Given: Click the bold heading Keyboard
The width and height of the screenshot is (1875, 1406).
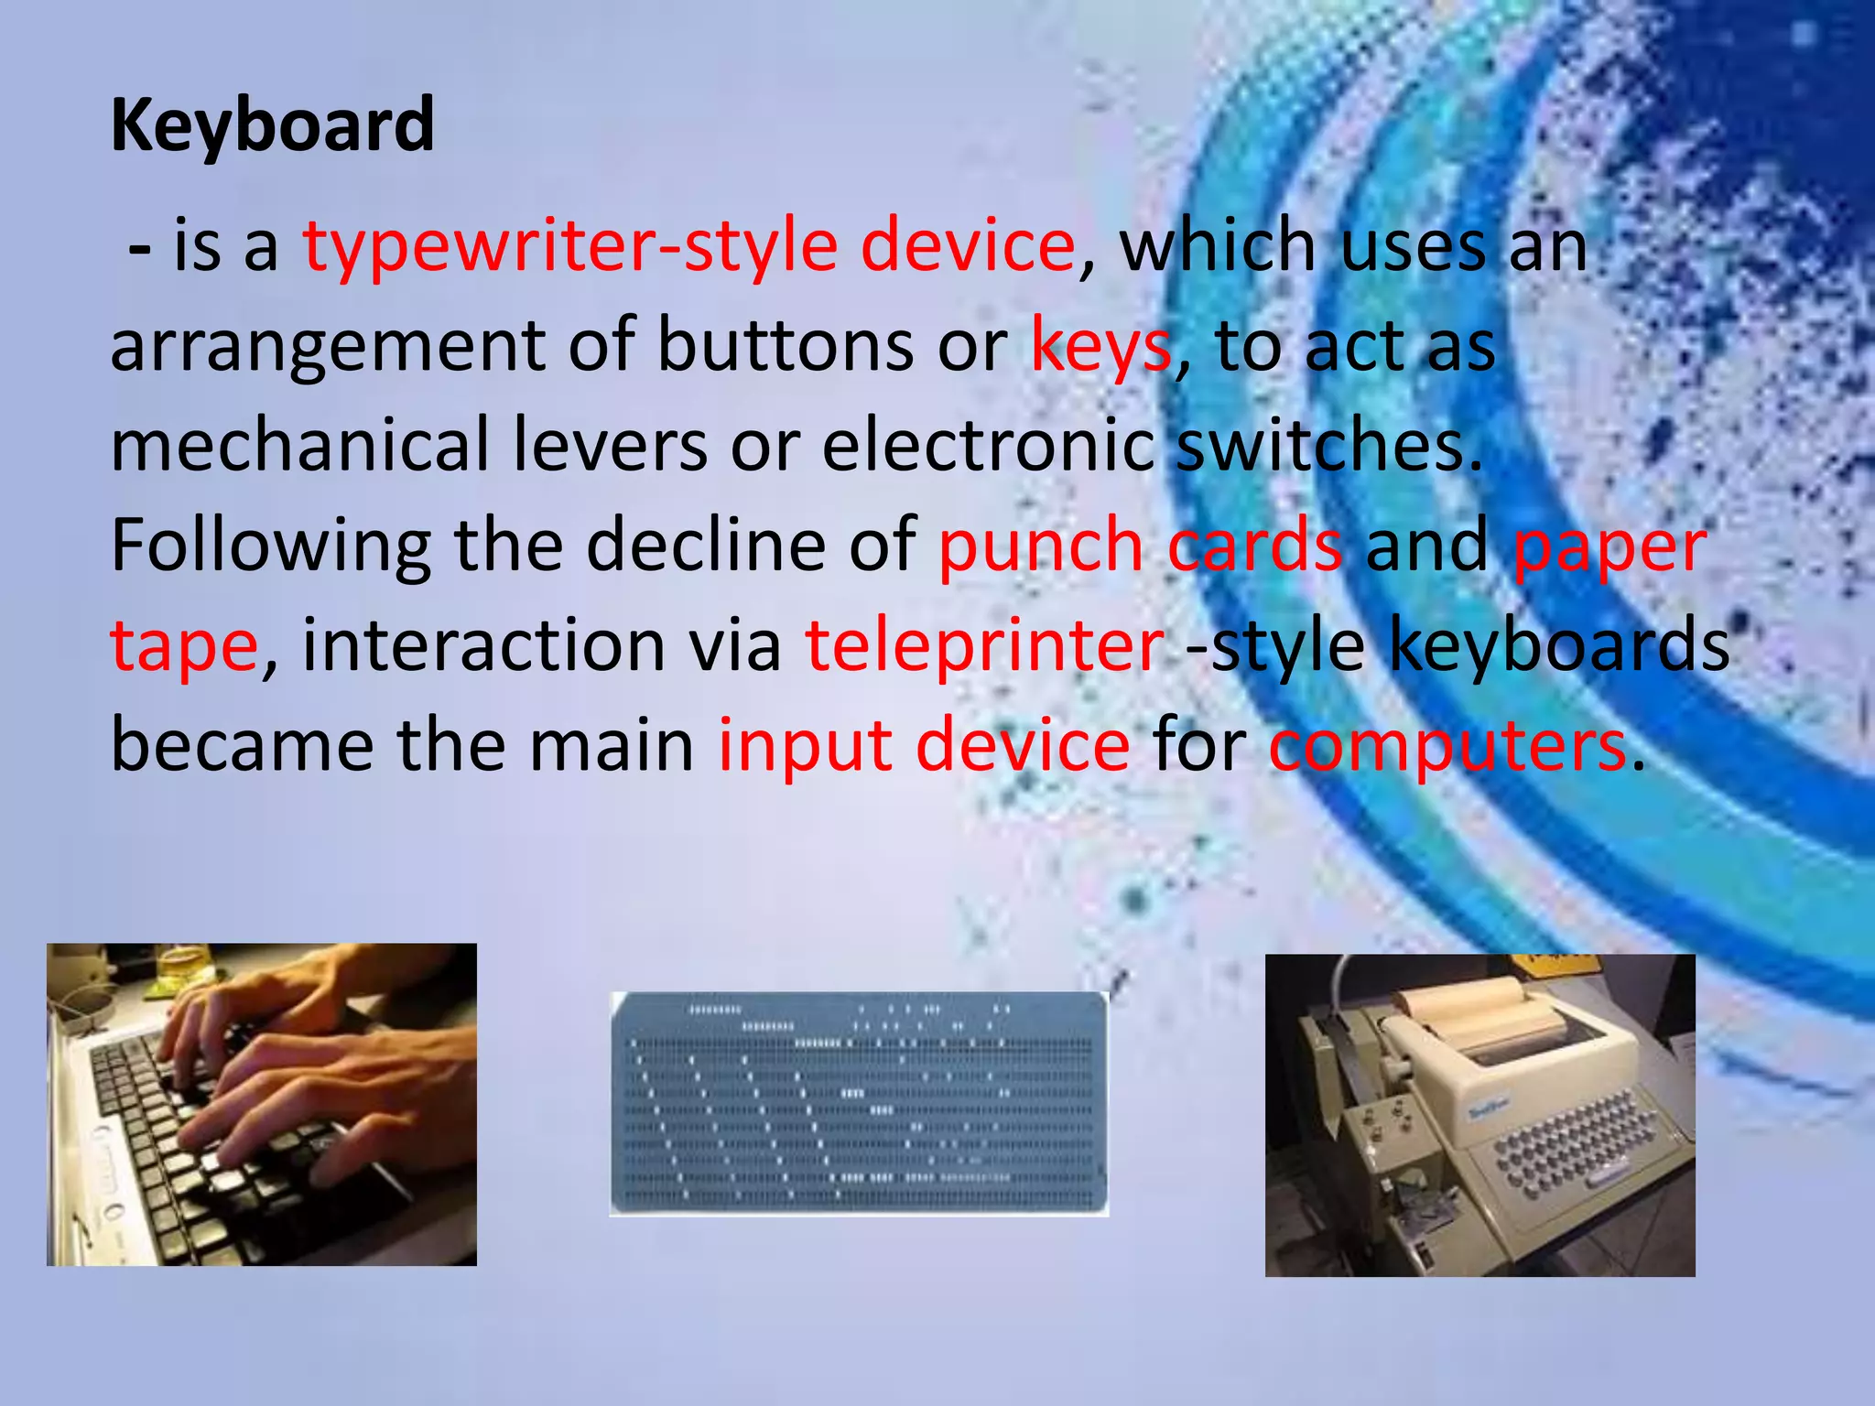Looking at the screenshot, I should click(272, 125).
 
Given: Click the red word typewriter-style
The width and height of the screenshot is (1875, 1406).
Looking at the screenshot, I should click(569, 245).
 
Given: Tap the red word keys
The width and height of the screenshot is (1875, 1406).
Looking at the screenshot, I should click(1100, 346).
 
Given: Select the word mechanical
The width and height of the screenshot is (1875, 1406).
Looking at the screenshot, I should click(300, 446).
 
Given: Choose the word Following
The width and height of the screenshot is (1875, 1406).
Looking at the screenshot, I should click(271, 546).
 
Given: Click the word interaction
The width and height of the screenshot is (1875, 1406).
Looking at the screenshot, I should click(482, 645).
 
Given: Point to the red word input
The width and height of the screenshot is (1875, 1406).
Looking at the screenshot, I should click(804, 747).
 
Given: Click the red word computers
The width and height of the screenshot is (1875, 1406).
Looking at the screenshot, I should click(1447, 747).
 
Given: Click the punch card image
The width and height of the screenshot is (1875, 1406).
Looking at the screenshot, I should click(859, 1103).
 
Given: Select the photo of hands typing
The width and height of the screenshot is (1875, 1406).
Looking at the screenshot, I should click(262, 1104).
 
